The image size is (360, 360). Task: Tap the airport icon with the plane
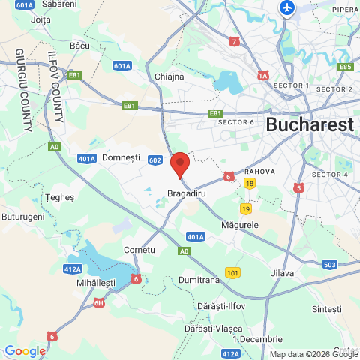pyautogui.click(x=286, y=7)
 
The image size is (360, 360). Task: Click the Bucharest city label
pyautogui.click(x=309, y=124)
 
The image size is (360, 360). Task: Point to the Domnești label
pyautogui.click(x=121, y=158)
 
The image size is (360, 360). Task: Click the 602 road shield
pyautogui.click(x=155, y=160)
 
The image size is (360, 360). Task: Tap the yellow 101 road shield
pyautogui.click(x=233, y=271)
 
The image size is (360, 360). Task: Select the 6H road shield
pyautogui.click(x=99, y=303)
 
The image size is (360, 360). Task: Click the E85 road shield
pyautogui.click(x=345, y=67)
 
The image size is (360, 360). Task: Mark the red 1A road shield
pyautogui.click(x=262, y=75)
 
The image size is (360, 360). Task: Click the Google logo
pyautogui.click(x=24, y=350)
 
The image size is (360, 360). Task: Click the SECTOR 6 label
pyautogui.click(x=237, y=121)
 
